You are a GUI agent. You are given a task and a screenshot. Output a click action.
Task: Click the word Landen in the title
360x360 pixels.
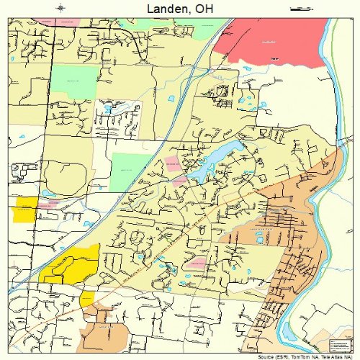[x=168, y=8]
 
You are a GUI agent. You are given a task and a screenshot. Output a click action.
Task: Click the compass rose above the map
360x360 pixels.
[x=62, y=8]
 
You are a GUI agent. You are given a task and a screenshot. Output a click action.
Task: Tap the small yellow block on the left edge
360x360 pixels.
[x=25, y=208]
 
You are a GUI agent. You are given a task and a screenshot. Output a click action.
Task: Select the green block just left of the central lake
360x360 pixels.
[x=130, y=171]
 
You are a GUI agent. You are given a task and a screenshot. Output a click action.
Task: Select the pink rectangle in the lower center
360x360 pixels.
[x=197, y=264]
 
